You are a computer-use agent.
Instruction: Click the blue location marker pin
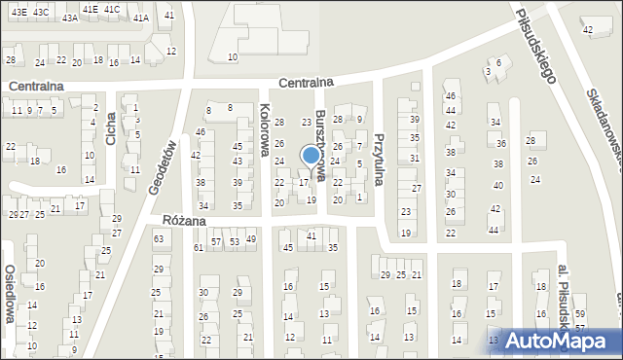point(311,156)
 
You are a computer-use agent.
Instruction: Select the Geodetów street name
point(163,167)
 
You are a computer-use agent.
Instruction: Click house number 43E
point(19,12)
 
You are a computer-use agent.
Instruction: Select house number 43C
point(41,12)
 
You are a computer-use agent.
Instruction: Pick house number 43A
point(69,18)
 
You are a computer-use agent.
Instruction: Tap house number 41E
point(90,9)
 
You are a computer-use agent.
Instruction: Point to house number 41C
point(111,9)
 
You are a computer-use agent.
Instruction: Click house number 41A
point(141,18)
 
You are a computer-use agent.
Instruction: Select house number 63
point(159,237)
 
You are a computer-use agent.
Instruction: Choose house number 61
point(199,247)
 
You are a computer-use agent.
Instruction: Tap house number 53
point(234,240)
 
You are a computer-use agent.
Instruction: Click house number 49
point(251,238)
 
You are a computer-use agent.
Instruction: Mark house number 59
point(580,313)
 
